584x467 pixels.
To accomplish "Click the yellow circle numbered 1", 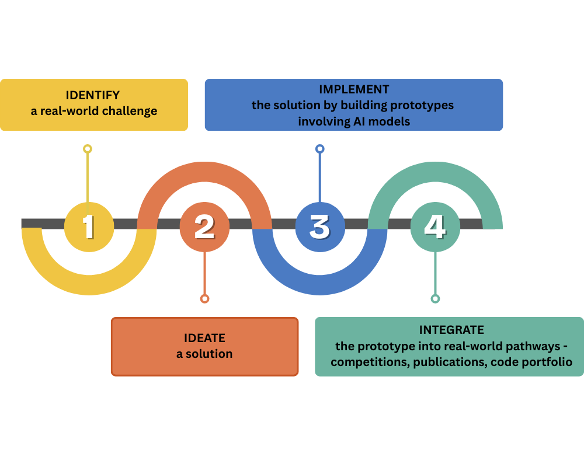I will pyautogui.click(x=88, y=226).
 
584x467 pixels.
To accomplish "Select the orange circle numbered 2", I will pyautogui.click(x=204, y=226).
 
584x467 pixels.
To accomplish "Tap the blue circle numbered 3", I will pyautogui.click(x=319, y=226).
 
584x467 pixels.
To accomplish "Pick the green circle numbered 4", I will pyautogui.click(x=435, y=226).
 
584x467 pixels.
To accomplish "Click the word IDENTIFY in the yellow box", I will pyautogui.click(x=93, y=95).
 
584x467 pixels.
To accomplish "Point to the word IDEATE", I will pyautogui.click(x=204, y=338).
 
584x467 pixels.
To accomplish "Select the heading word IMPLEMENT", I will pyautogui.click(x=354, y=89).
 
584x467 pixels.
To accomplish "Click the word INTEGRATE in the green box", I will pyautogui.click(x=451, y=330).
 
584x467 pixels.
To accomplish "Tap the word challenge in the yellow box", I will pyautogui.click(x=130, y=111).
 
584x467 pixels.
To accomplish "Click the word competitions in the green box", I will pyautogui.click(x=368, y=363).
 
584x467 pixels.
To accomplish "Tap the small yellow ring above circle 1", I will pyautogui.click(x=88, y=149).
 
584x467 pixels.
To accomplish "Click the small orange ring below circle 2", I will pyautogui.click(x=204, y=299).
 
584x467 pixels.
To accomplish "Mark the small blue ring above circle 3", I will pyautogui.click(x=319, y=149).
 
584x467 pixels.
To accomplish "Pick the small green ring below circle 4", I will pyautogui.click(x=435, y=299).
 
